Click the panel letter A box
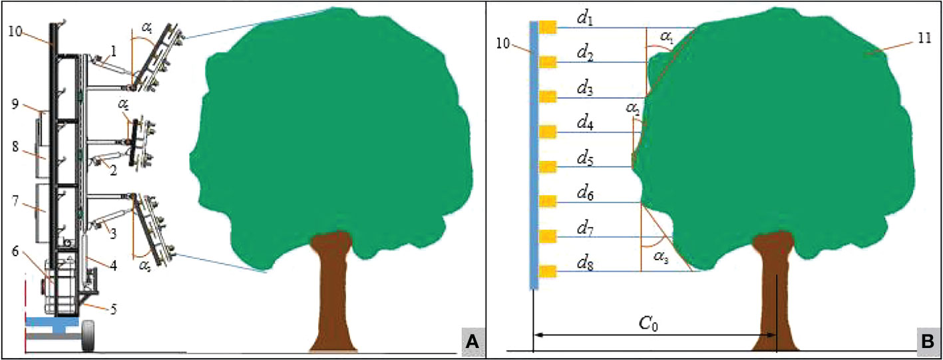click(x=472, y=342)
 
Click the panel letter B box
click(x=925, y=342)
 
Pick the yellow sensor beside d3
click(x=547, y=97)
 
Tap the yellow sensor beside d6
click(x=547, y=201)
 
